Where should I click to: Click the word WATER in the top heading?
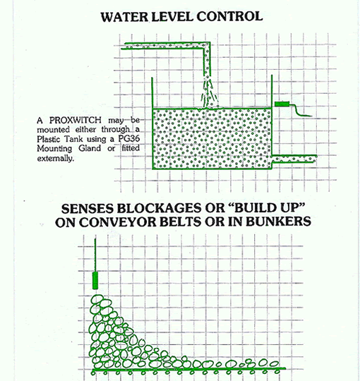(124, 16)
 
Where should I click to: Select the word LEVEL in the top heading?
(172, 16)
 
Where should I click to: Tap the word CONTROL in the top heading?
(229, 16)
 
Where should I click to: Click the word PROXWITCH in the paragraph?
(76, 120)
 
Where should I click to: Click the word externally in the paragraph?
(55, 158)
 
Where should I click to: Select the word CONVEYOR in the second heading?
(118, 222)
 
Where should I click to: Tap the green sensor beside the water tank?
(282, 104)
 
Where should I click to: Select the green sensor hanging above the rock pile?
(95, 280)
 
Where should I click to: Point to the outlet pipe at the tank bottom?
(294, 159)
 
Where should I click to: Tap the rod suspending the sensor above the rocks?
(95, 255)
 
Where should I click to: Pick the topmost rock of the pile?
(97, 298)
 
